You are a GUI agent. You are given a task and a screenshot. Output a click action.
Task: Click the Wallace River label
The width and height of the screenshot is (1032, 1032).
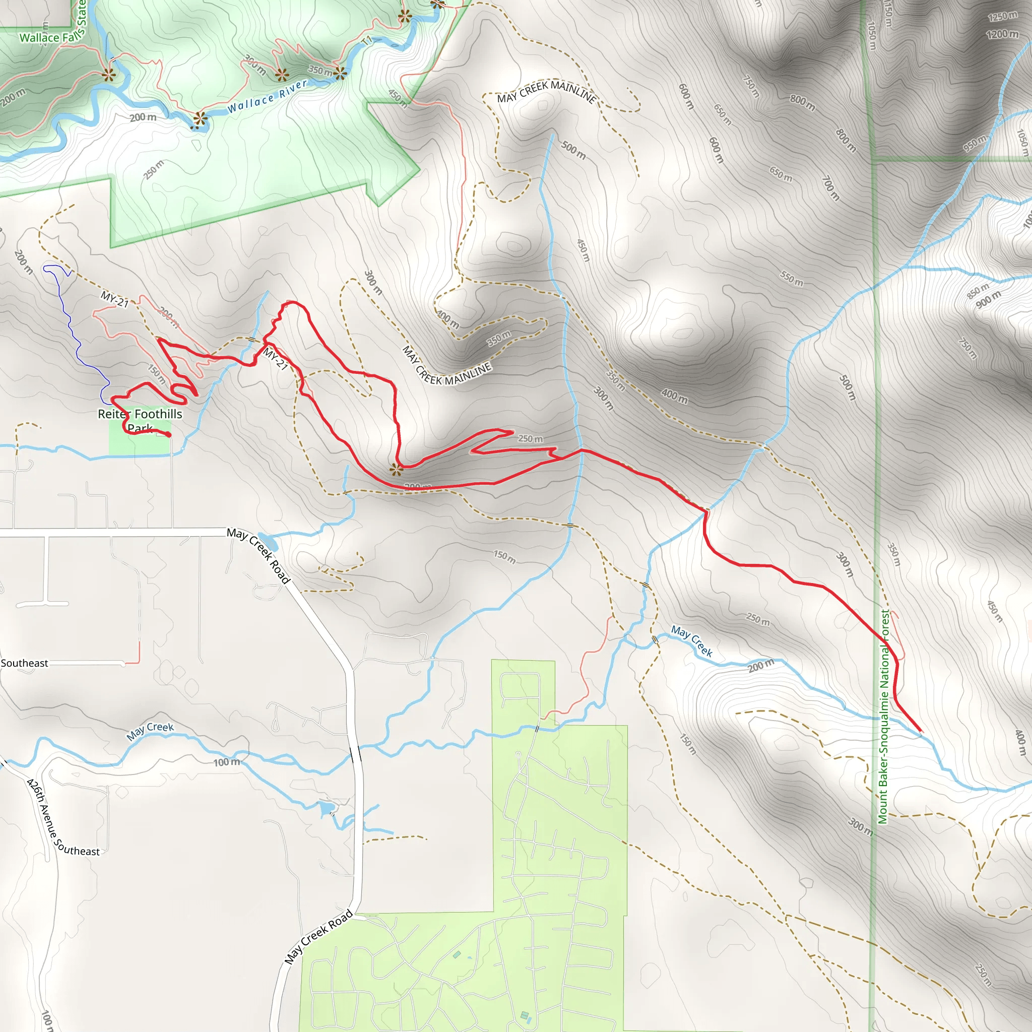pyautogui.click(x=267, y=96)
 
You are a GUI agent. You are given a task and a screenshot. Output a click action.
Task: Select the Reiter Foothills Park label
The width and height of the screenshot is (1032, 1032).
pyautogui.click(x=140, y=420)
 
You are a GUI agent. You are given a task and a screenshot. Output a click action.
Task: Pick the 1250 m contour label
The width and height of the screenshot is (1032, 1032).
pyautogui.click(x=1002, y=17)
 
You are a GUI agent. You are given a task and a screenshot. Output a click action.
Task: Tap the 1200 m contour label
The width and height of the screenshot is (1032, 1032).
pyautogui.click(x=1002, y=35)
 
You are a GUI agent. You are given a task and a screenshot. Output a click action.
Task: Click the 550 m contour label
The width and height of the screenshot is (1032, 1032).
pyautogui.click(x=791, y=278)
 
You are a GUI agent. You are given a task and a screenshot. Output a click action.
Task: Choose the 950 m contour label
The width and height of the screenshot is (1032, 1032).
pyautogui.click(x=975, y=143)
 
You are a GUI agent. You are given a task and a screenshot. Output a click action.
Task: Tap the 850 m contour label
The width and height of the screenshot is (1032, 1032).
pyautogui.click(x=978, y=291)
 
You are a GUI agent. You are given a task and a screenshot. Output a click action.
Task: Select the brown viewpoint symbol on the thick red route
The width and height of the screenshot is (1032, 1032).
pyautogui.click(x=396, y=470)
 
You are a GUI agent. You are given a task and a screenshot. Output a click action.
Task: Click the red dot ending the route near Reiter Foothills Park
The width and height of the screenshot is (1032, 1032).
pyautogui.click(x=169, y=435)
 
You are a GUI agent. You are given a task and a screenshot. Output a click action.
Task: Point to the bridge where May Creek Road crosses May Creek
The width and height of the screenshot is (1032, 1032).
pyautogui.click(x=355, y=754)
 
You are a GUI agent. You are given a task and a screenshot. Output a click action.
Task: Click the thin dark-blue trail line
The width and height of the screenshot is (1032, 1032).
pyautogui.click(x=75, y=337)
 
